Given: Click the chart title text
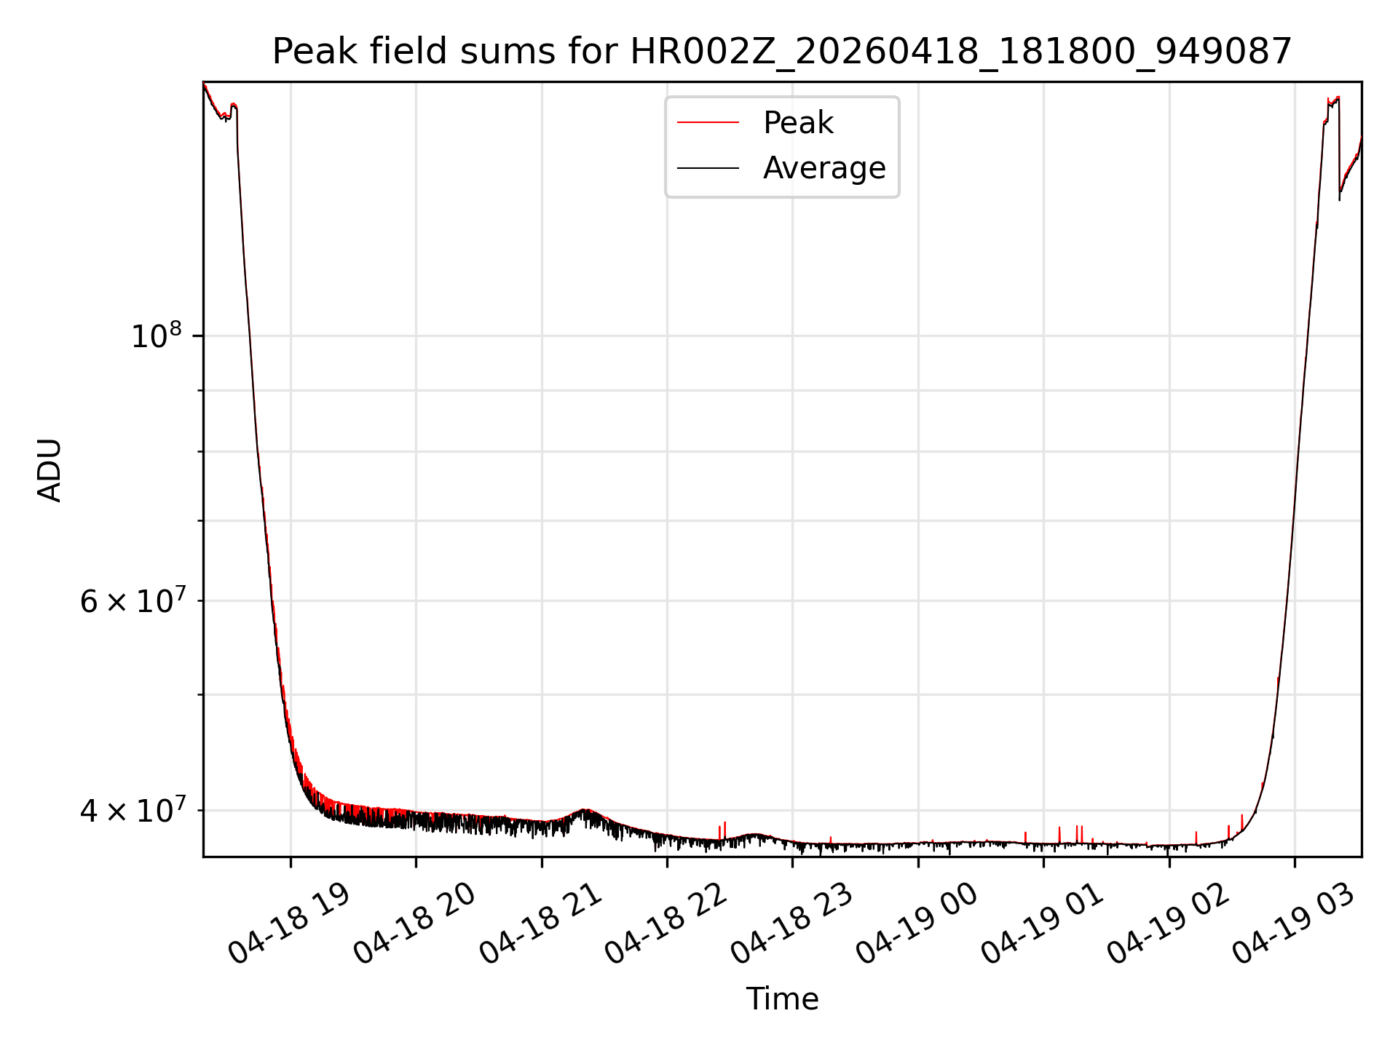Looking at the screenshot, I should tap(782, 52).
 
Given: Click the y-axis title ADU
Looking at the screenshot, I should tap(50, 470).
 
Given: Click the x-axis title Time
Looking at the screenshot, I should tap(782, 999).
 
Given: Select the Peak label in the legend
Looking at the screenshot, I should tap(797, 123).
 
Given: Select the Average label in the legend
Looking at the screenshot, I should tap(824, 168).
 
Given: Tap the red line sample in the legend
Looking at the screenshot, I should tap(708, 123).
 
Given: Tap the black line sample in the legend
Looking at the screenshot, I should tap(708, 168).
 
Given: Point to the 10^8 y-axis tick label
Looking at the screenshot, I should tap(155, 336).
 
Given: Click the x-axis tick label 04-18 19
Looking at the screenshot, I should tap(289, 924).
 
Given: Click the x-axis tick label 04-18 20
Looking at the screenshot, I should tap(414, 924).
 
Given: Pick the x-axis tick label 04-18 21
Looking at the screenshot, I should tap(540, 924).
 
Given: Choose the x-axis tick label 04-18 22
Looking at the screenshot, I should tap(666, 924).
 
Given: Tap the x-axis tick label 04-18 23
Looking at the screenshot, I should tap(791, 924).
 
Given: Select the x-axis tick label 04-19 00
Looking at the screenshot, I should tap(916, 924).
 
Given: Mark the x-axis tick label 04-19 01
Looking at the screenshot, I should tap(1042, 924).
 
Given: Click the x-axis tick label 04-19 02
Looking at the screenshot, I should tap(1167, 924).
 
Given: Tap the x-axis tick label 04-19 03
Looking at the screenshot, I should tap(1292, 924).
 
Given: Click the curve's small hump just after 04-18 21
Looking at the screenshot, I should tap(585, 810).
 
